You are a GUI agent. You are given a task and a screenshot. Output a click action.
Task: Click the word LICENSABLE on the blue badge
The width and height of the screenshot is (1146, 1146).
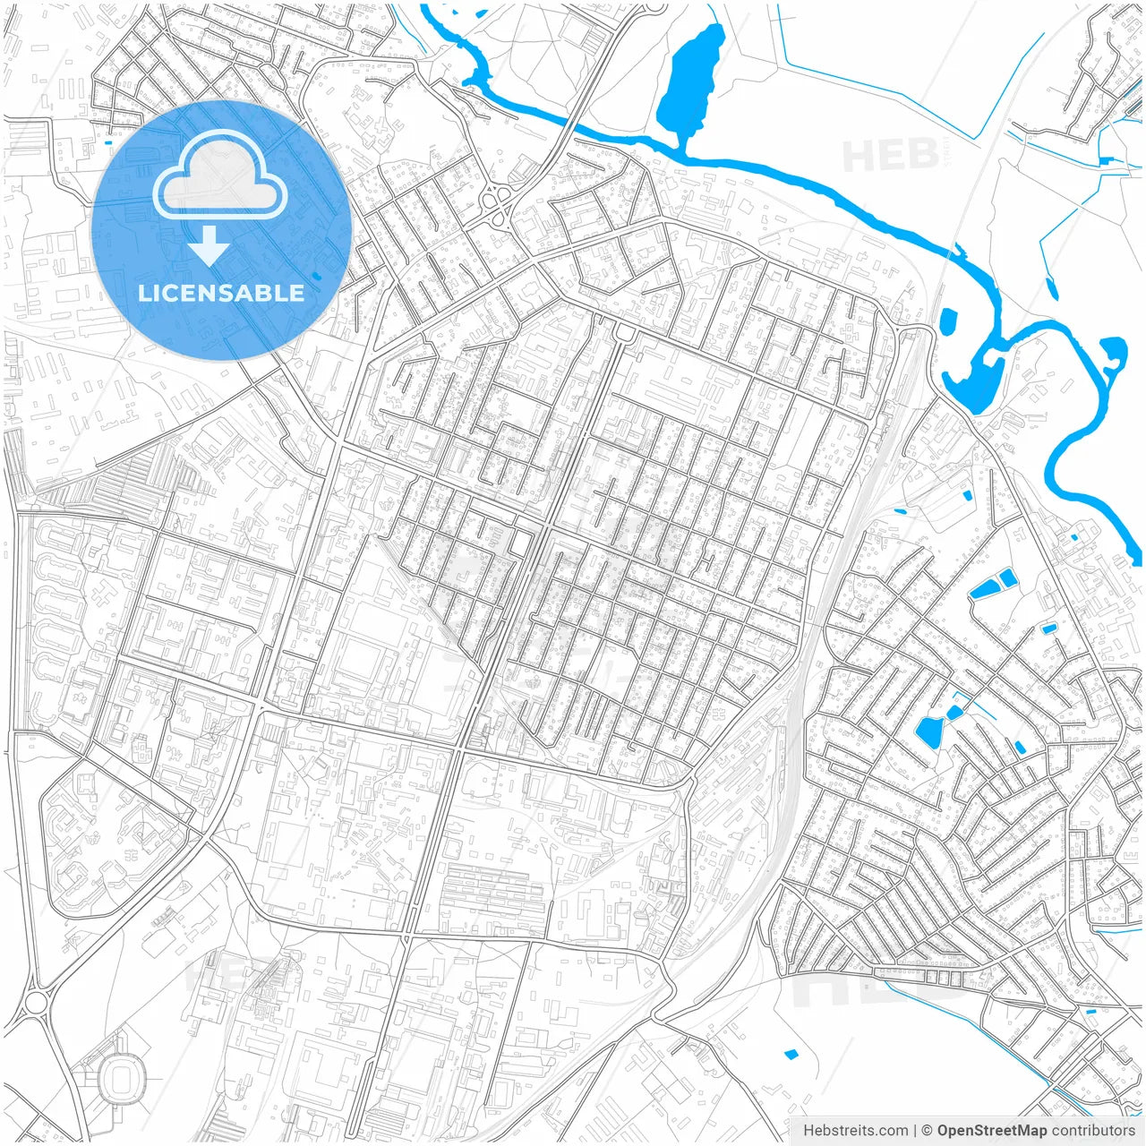tap(221, 293)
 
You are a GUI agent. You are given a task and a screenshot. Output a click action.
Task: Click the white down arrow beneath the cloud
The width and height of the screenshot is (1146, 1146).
tap(210, 245)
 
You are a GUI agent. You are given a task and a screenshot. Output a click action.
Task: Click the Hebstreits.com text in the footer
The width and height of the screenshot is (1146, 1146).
tap(855, 1131)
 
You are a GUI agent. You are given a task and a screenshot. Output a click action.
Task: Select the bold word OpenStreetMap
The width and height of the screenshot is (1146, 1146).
tap(991, 1131)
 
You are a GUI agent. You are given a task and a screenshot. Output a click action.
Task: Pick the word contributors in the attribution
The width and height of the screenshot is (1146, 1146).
tap(1093, 1131)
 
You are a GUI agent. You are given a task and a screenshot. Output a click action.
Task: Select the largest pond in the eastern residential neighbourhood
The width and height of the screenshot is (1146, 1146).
tap(929, 731)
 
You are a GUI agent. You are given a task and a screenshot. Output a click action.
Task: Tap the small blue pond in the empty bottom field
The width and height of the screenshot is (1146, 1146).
tap(791, 1054)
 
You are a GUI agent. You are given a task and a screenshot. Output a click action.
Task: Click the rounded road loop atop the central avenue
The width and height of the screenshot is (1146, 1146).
tap(624, 334)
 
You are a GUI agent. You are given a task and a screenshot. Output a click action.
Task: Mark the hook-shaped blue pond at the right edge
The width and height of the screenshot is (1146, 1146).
tap(1113, 353)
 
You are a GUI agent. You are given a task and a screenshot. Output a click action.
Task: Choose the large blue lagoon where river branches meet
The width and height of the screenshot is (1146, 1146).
tap(973, 381)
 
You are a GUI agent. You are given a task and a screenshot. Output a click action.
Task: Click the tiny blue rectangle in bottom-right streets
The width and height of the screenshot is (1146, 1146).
tap(1090, 1012)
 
